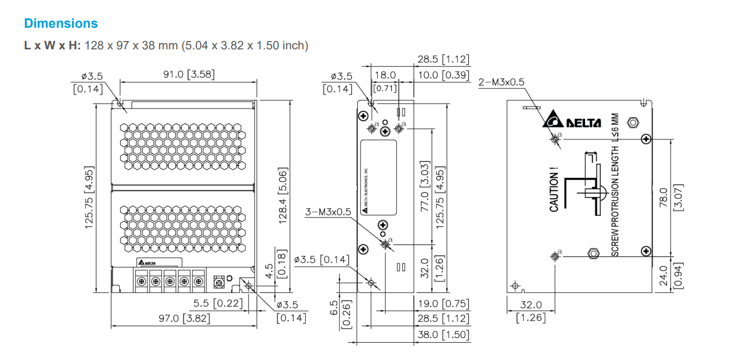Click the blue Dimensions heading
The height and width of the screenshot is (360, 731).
tap(61, 23)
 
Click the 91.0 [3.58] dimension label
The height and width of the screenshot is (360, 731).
tap(189, 74)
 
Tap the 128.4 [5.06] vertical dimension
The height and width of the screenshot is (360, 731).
tap(283, 196)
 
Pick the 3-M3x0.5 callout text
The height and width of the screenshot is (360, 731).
tap(328, 212)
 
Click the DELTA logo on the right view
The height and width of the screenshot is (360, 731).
tap(571, 121)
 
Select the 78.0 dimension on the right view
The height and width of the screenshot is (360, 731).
tap(663, 196)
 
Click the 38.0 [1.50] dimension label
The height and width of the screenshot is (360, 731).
tap(443, 334)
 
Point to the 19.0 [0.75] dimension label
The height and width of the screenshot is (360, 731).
tap(443, 304)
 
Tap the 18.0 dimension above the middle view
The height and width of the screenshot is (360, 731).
tap(385, 75)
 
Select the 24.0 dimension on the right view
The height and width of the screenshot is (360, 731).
tap(663, 275)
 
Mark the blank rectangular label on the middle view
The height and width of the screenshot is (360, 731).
tap(378, 178)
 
